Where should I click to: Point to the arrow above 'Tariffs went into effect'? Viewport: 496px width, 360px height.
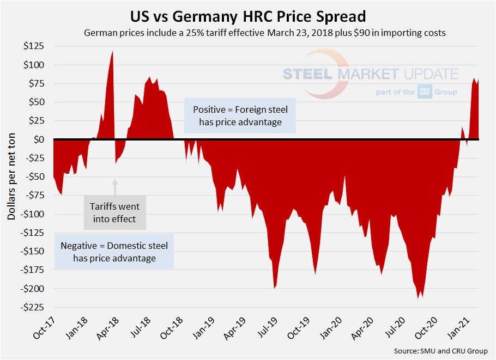click(x=115, y=186)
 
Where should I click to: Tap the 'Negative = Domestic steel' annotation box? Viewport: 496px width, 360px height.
click(x=114, y=252)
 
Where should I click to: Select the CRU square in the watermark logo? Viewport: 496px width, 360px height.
click(x=425, y=92)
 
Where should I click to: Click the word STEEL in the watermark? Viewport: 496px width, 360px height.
click(x=309, y=75)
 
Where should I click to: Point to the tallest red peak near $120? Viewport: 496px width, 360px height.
click(x=113, y=52)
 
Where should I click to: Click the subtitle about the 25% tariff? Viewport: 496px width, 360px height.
click(x=265, y=33)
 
